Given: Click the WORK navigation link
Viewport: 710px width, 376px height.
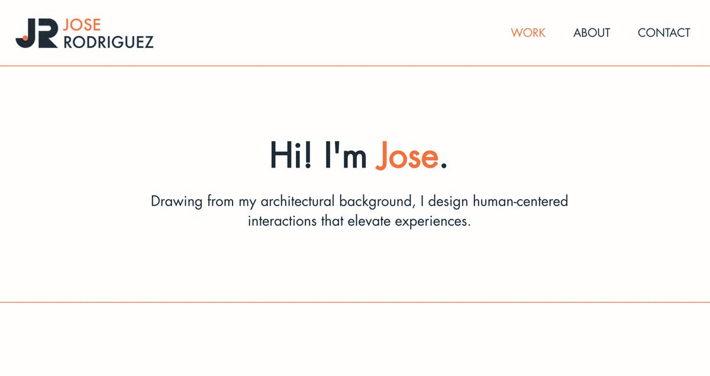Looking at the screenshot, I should [x=528, y=33].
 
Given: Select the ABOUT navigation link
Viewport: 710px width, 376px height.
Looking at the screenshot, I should [x=591, y=33].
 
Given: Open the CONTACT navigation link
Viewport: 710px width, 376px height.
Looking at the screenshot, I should [x=664, y=33].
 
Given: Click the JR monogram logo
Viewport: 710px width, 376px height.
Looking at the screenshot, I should [x=36, y=33].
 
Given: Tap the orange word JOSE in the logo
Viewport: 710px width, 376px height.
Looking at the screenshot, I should [x=82, y=25].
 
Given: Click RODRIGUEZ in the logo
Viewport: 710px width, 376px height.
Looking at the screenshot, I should [x=108, y=42].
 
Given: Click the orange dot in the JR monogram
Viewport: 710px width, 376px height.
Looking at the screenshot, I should [x=25, y=38].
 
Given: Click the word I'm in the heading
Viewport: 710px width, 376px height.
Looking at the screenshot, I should [x=346, y=155].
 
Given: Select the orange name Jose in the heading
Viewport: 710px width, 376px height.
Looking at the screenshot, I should [x=407, y=155].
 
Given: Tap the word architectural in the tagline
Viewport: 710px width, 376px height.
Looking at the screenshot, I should [x=298, y=201].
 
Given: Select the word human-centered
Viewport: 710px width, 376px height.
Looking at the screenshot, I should [x=521, y=201].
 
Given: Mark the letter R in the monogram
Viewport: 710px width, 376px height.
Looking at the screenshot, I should [x=47, y=33].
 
